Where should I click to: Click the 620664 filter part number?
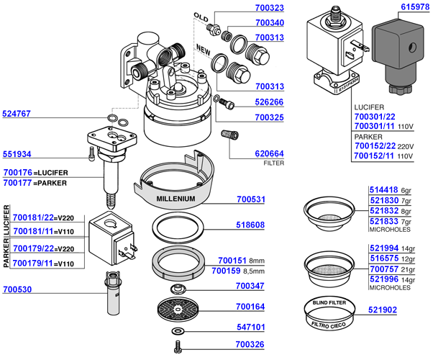[x=250, y=153]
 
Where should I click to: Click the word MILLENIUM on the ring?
[x=172, y=197]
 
